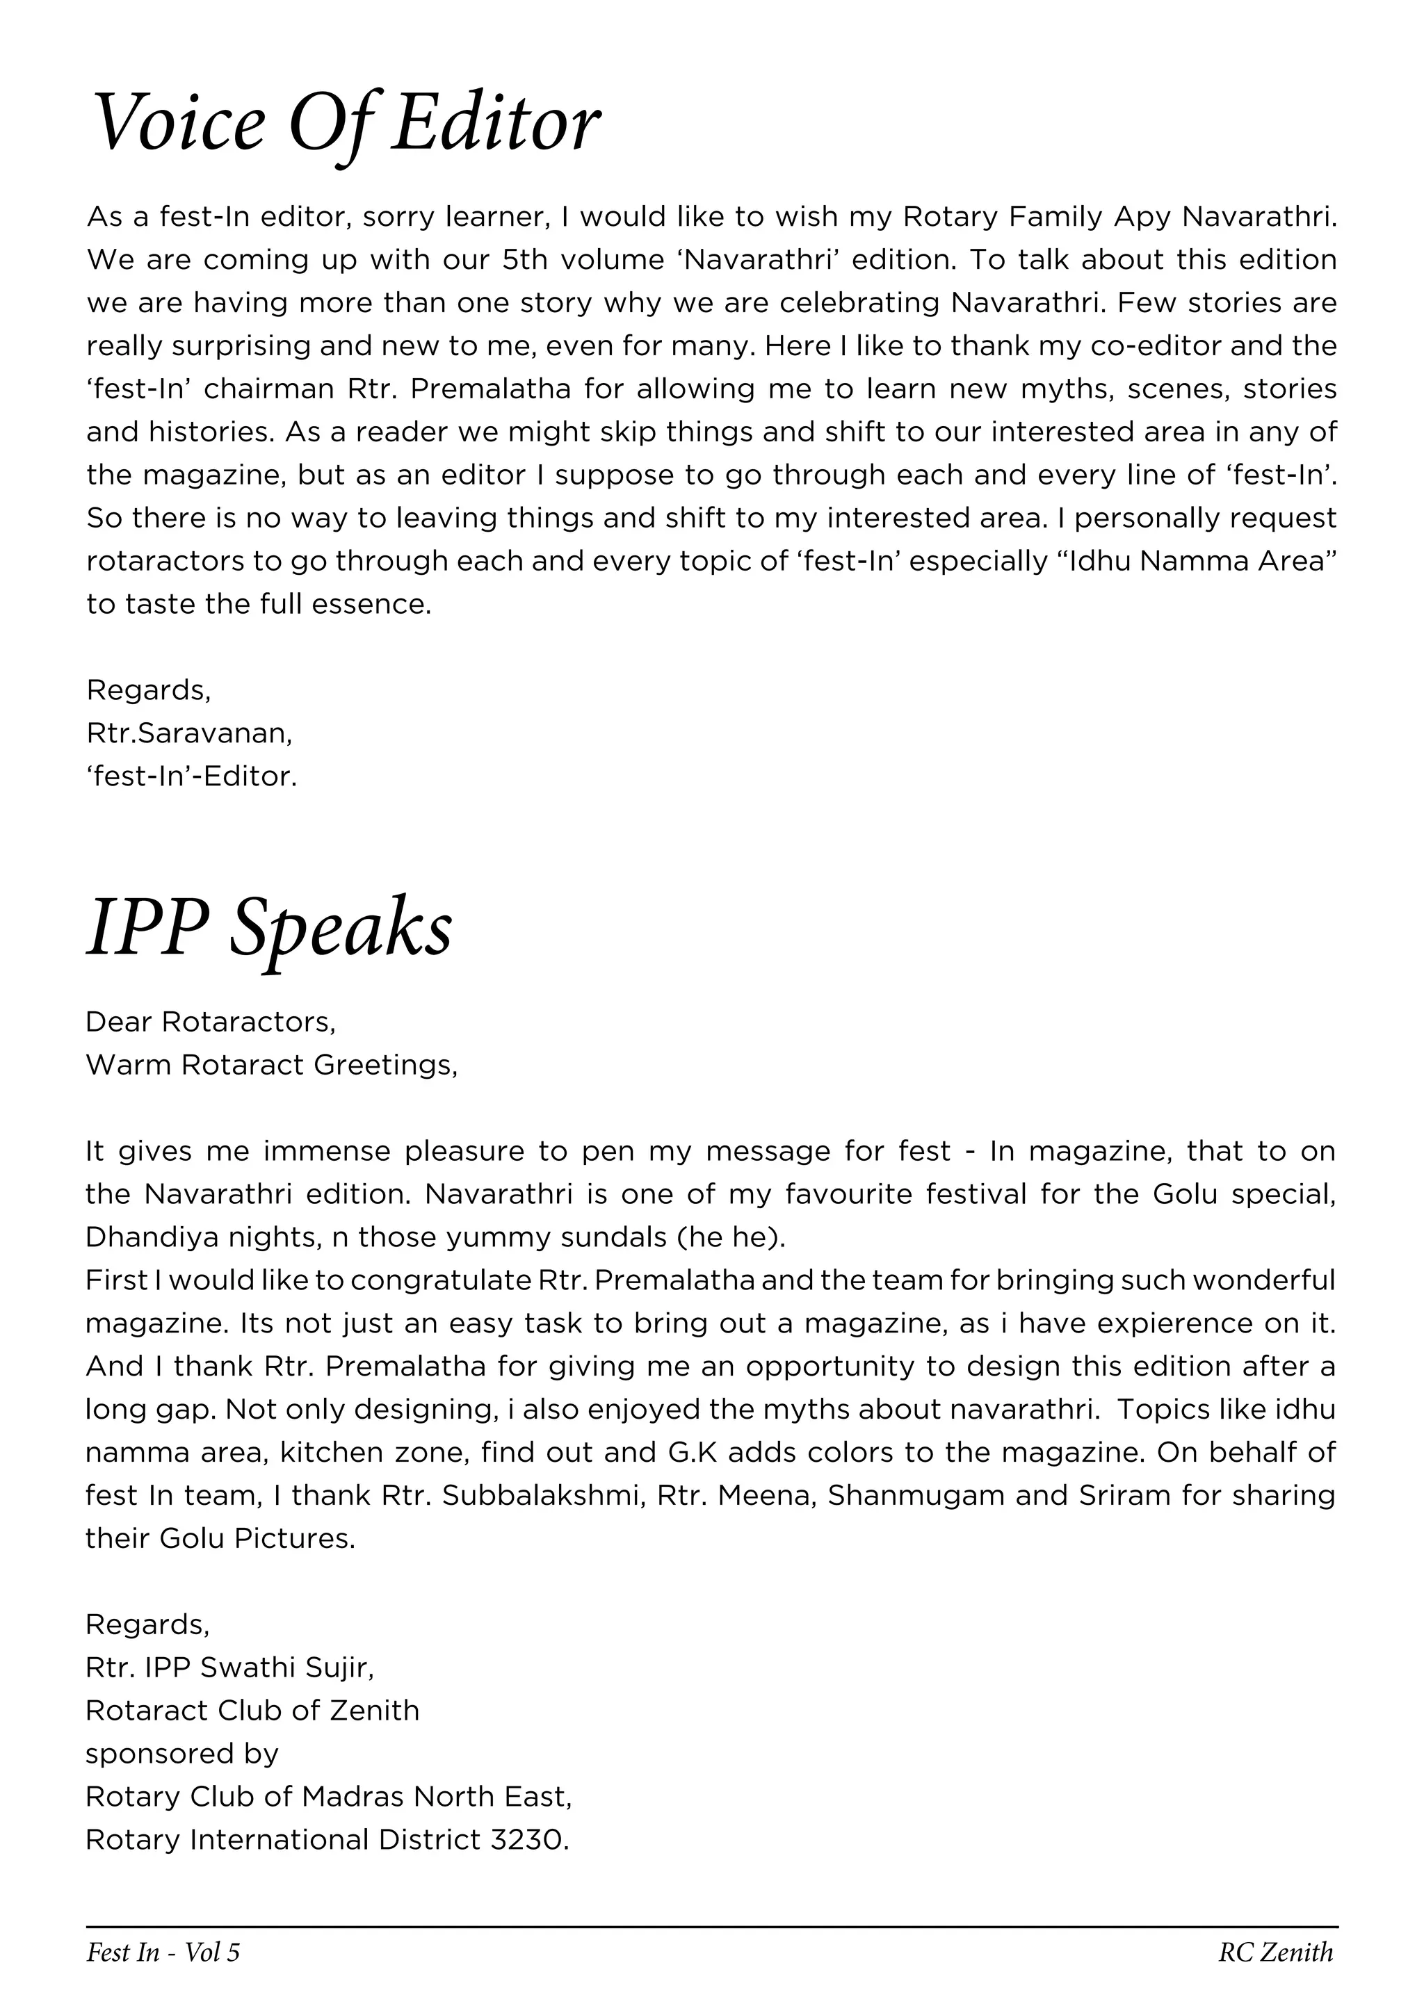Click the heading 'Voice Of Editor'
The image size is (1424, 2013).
(346, 124)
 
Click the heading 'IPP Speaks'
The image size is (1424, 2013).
(269, 927)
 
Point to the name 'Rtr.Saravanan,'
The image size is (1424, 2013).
(189, 733)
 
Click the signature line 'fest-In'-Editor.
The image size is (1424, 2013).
(191, 776)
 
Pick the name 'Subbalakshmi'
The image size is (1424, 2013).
(544, 1495)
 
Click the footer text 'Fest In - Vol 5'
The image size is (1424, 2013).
(163, 1952)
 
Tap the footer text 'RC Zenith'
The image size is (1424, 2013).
(1276, 1952)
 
